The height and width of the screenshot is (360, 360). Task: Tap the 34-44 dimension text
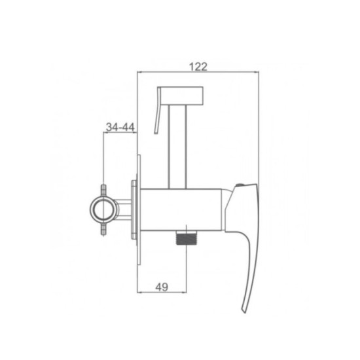(x=119, y=126)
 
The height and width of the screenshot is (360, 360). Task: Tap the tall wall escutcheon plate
(x=139, y=209)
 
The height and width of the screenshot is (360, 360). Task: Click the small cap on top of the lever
(x=246, y=187)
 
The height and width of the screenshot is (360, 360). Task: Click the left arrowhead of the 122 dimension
(x=138, y=72)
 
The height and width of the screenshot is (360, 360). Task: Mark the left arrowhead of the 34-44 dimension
(x=105, y=133)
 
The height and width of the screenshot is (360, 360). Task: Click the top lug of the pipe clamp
(x=103, y=190)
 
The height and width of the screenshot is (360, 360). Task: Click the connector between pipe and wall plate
(x=123, y=209)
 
